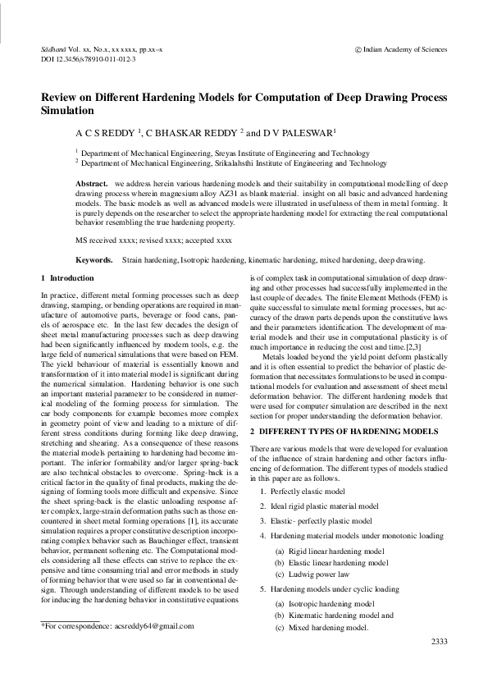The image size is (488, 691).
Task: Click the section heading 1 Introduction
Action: click(73, 280)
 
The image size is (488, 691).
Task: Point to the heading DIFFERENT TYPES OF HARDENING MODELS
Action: click(353, 431)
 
